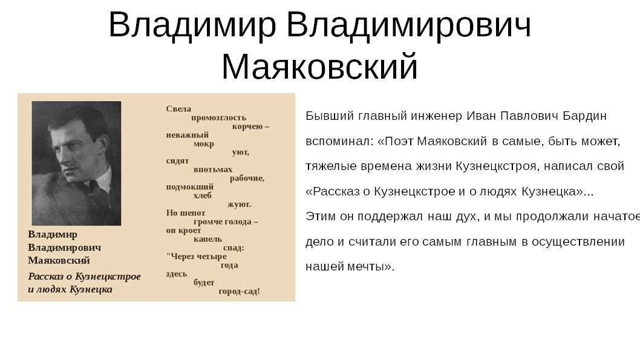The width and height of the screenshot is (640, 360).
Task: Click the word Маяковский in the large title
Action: [319, 67]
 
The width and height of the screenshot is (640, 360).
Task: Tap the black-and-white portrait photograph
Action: [76, 163]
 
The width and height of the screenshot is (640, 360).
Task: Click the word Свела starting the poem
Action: [178, 109]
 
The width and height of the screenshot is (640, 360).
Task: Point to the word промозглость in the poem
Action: [218, 118]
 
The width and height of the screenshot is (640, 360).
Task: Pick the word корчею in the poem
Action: [247, 126]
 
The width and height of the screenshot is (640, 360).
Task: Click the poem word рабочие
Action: [247, 178]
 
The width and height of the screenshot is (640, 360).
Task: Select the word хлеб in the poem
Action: [203, 195]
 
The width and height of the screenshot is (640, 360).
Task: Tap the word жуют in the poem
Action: [238, 205]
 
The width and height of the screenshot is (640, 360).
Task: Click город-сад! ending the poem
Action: [239, 292]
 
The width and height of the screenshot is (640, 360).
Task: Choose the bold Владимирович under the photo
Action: [65, 247]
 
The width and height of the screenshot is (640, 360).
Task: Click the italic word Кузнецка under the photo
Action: [91, 289]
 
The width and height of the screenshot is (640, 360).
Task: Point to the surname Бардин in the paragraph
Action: [584, 116]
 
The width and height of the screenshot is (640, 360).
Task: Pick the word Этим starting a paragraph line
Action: [321, 217]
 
